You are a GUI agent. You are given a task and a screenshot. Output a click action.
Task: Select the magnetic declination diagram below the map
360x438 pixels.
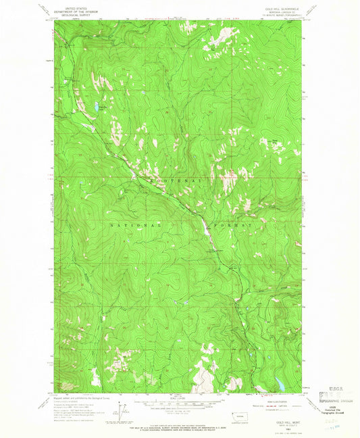click(x=123, y=408)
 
